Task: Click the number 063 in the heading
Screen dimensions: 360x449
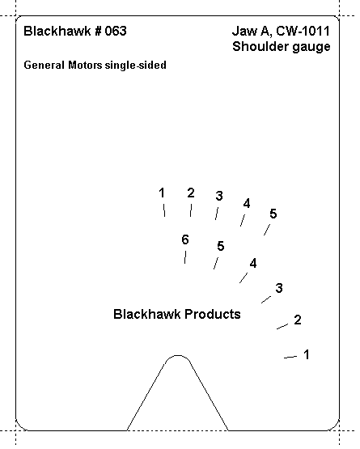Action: point(116,31)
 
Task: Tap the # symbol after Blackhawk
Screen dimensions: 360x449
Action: point(98,31)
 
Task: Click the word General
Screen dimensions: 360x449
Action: point(44,65)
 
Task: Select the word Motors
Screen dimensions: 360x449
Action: point(85,65)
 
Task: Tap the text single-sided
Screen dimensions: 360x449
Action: point(135,66)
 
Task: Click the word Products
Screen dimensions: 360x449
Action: point(213,314)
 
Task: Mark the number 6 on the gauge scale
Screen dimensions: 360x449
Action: point(185,239)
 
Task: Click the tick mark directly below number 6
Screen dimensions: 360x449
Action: point(185,257)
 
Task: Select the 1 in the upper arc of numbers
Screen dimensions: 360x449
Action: point(162,193)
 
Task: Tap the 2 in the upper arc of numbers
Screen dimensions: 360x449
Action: point(191,193)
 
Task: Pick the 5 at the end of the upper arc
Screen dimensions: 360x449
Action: point(273,214)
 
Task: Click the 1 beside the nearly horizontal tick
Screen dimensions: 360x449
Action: point(307,354)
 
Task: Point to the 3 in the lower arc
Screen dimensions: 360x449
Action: point(279,288)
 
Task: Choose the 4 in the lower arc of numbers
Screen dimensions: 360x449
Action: point(253,264)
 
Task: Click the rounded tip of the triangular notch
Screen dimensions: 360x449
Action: point(178,356)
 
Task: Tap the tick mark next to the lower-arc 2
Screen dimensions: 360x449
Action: point(282,327)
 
